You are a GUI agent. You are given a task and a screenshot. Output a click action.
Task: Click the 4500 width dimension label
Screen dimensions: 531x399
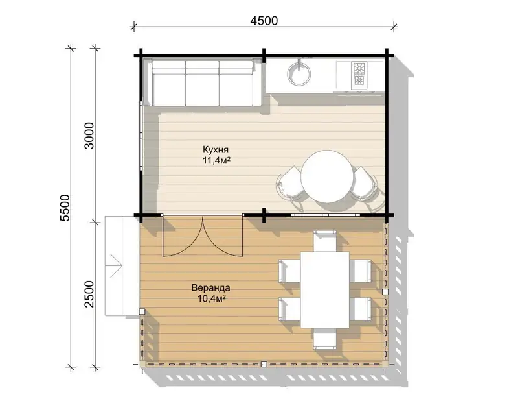pos(264,21)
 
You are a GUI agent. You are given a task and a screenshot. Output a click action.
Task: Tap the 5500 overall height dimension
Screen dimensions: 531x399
pos(64,208)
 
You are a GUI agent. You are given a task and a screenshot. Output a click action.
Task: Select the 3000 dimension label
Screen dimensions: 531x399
pos(89,136)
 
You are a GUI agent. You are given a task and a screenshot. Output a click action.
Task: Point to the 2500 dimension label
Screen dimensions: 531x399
pos(89,294)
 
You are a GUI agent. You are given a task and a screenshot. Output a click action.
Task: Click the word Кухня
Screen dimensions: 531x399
pos(216,150)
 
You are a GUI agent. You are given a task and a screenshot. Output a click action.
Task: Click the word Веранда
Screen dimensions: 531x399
pos(210,287)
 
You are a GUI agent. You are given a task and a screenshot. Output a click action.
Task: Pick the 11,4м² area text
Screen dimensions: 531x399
pos(217,160)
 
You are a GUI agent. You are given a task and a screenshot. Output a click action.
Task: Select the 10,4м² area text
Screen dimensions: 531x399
pos(211,298)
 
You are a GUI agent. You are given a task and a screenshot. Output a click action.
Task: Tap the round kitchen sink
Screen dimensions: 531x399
pos(299,73)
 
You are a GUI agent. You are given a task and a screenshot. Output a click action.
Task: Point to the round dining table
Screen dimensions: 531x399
pos(325,176)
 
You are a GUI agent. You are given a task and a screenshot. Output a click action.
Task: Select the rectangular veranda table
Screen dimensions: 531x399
pos(325,290)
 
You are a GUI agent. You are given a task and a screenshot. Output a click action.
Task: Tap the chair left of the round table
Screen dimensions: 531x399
pos(289,186)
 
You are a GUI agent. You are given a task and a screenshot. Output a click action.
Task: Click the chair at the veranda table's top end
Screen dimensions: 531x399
pos(325,241)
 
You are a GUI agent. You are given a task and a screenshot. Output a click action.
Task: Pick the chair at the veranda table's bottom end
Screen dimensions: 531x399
pos(325,338)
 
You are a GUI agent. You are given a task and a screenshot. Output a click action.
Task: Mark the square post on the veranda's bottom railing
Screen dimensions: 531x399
pos(264,364)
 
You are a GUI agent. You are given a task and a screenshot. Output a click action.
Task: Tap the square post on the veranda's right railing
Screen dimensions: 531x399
pos(385,292)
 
